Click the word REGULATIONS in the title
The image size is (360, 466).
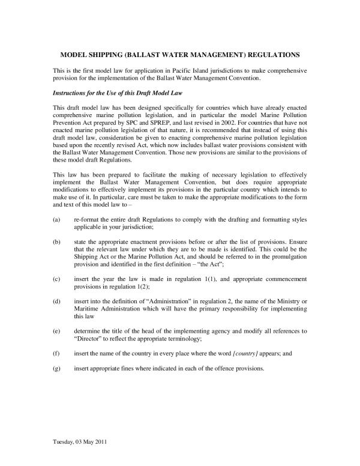[x=271, y=55]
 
